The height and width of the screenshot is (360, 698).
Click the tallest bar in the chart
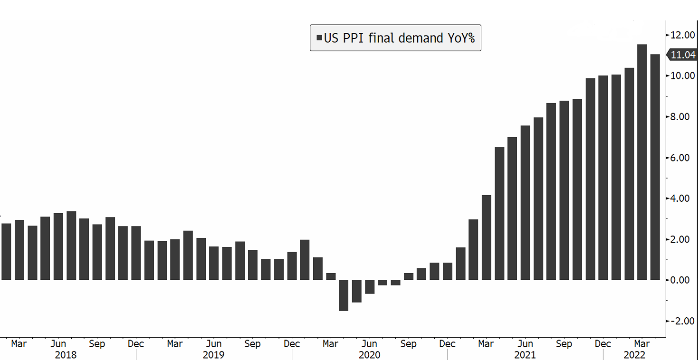click(x=642, y=161)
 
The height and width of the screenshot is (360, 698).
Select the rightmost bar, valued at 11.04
click(x=655, y=166)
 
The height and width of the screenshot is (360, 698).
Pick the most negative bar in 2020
click(x=343, y=295)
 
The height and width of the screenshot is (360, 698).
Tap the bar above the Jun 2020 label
click(x=369, y=286)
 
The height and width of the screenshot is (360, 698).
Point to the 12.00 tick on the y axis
click(x=683, y=35)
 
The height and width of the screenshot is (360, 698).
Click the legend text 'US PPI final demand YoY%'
click(x=399, y=38)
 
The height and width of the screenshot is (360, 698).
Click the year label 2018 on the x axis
click(x=66, y=355)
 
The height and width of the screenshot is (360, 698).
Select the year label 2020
click(x=369, y=355)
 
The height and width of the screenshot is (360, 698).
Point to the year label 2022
click(x=634, y=355)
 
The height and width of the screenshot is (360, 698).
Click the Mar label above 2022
click(x=642, y=344)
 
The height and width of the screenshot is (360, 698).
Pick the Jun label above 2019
click(x=214, y=344)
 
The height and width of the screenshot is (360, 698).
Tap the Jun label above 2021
click(x=525, y=344)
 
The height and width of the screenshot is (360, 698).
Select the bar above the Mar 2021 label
click(x=486, y=237)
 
